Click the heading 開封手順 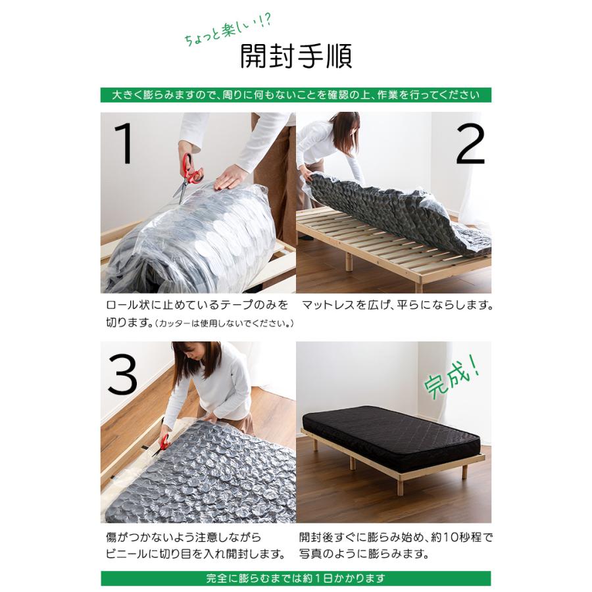(x=296, y=57)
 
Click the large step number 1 (x=124, y=143)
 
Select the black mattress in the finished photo (x=392, y=433)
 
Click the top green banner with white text (x=295, y=95)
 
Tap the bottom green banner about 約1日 (x=295, y=579)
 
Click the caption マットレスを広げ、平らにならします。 (x=397, y=306)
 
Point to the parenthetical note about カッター (x=224, y=324)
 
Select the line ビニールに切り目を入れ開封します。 (x=195, y=554)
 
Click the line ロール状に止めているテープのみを (x=197, y=306)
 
